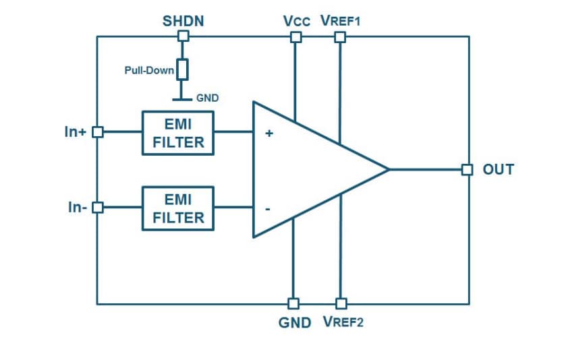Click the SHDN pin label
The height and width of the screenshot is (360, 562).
pos(183,21)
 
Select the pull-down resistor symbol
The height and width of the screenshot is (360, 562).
pos(182,69)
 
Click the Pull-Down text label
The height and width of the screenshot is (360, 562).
pos(149,70)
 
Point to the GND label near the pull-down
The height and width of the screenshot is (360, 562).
pos(207,98)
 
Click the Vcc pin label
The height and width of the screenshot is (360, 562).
pos(297,22)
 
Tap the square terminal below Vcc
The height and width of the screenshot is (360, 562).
pos(296,37)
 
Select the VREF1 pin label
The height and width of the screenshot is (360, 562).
pos(341,22)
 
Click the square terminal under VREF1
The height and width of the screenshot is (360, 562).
pos(340,37)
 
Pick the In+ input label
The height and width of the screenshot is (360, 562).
pos(75,132)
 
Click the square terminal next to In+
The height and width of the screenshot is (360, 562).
pos(97,132)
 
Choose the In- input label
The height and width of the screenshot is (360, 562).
pos(77,208)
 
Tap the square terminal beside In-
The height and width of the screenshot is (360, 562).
pos(97,208)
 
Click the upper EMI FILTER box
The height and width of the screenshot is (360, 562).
pos(178,133)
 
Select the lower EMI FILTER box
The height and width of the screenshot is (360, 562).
pos(178,208)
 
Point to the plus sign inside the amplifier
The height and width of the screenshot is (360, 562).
pos(269,133)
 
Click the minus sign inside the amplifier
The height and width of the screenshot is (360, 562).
pos(268,209)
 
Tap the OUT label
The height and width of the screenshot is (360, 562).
pos(498,169)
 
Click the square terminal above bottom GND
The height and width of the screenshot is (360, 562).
pos(293,303)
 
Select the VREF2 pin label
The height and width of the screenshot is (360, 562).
pos(343,322)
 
